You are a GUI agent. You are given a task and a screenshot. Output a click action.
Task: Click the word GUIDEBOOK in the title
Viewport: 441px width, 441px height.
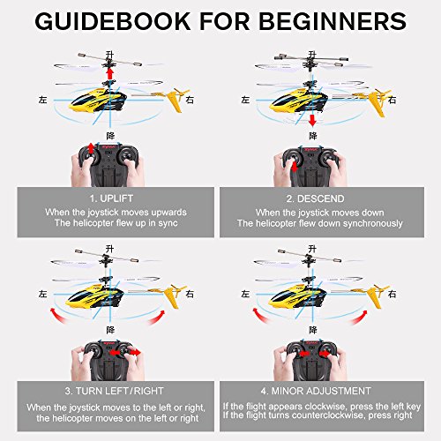113,21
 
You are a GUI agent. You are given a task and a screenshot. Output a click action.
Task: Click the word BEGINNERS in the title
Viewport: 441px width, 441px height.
333,21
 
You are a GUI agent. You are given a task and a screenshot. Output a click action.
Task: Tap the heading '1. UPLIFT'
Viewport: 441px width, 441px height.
111,198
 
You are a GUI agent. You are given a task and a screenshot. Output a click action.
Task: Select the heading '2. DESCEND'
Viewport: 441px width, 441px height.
315,198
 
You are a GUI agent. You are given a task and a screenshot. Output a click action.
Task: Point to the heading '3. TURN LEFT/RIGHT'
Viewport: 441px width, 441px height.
114,391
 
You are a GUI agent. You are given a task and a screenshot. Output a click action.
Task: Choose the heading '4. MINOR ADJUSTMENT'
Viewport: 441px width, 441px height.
316,391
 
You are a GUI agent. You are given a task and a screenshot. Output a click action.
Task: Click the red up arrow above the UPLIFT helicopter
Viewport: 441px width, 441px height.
110,73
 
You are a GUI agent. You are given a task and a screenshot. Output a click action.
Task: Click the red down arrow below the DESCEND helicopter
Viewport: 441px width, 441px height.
312,120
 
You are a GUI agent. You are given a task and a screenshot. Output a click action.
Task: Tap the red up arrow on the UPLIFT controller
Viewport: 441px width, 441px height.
92,148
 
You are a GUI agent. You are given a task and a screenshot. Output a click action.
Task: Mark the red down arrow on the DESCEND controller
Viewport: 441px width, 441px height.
295,167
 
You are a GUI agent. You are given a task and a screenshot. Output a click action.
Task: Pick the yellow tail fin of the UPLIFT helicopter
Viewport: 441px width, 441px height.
175,101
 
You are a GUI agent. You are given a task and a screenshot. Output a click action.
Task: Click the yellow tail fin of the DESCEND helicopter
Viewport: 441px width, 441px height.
377,103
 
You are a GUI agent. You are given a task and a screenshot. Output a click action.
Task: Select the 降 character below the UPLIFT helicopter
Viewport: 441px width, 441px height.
110,136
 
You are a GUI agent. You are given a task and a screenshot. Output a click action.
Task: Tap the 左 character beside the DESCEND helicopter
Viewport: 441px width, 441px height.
245,100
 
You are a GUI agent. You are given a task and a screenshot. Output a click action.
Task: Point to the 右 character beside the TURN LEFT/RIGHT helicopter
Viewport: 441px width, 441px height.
190,294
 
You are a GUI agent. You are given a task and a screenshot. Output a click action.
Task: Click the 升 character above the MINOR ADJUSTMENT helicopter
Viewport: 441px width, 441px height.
312,249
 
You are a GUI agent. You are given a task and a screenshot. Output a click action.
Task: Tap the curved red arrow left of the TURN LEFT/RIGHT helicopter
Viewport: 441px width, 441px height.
57,316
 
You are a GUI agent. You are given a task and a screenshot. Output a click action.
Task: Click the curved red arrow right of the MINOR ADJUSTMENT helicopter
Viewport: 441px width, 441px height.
359,318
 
